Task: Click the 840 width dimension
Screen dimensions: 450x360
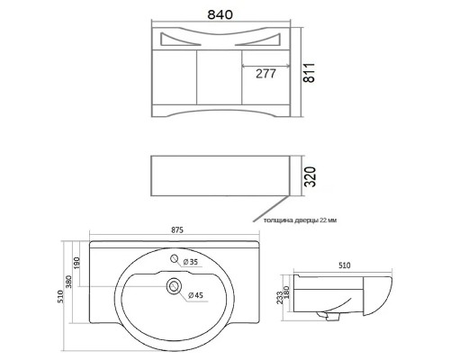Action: [220, 14]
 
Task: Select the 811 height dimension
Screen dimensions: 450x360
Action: [309, 73]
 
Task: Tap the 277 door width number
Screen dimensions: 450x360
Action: [265, 74]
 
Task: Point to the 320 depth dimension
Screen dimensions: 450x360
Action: [310, 176]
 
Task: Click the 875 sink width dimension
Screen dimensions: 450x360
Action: [177, 230]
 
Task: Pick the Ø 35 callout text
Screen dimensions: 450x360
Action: [191, 262]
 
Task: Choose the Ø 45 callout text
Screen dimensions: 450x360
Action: [196, 295]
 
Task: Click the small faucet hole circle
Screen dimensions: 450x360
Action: [175, 258]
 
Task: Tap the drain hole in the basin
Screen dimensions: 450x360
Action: [174, 286]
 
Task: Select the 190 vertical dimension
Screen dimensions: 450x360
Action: [76, 263]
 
